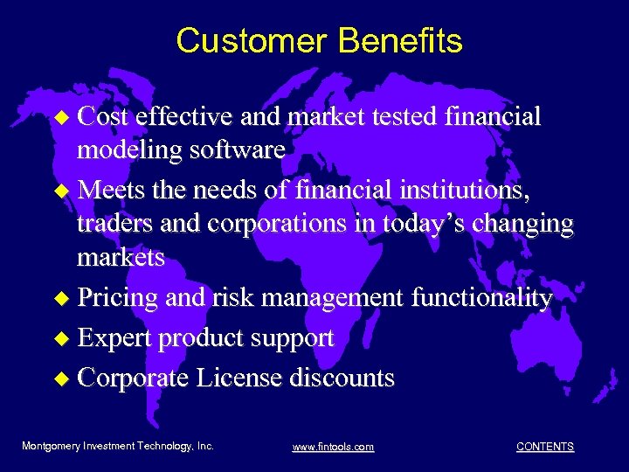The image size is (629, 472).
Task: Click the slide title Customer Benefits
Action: tap(319, 41)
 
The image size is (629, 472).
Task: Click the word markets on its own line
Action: tap(121, 258)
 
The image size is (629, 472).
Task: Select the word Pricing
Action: tap(118, 298)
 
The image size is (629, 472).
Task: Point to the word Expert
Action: tap(114, 338)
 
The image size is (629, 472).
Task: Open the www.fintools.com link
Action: tap(333, 448)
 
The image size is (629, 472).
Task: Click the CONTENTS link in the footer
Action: tap(545, 447)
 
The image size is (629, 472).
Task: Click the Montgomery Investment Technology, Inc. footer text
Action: tap(118, 447)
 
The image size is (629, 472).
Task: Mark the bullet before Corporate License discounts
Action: tap(60, 379)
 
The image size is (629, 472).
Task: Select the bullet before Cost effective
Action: tap(60, 118)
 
